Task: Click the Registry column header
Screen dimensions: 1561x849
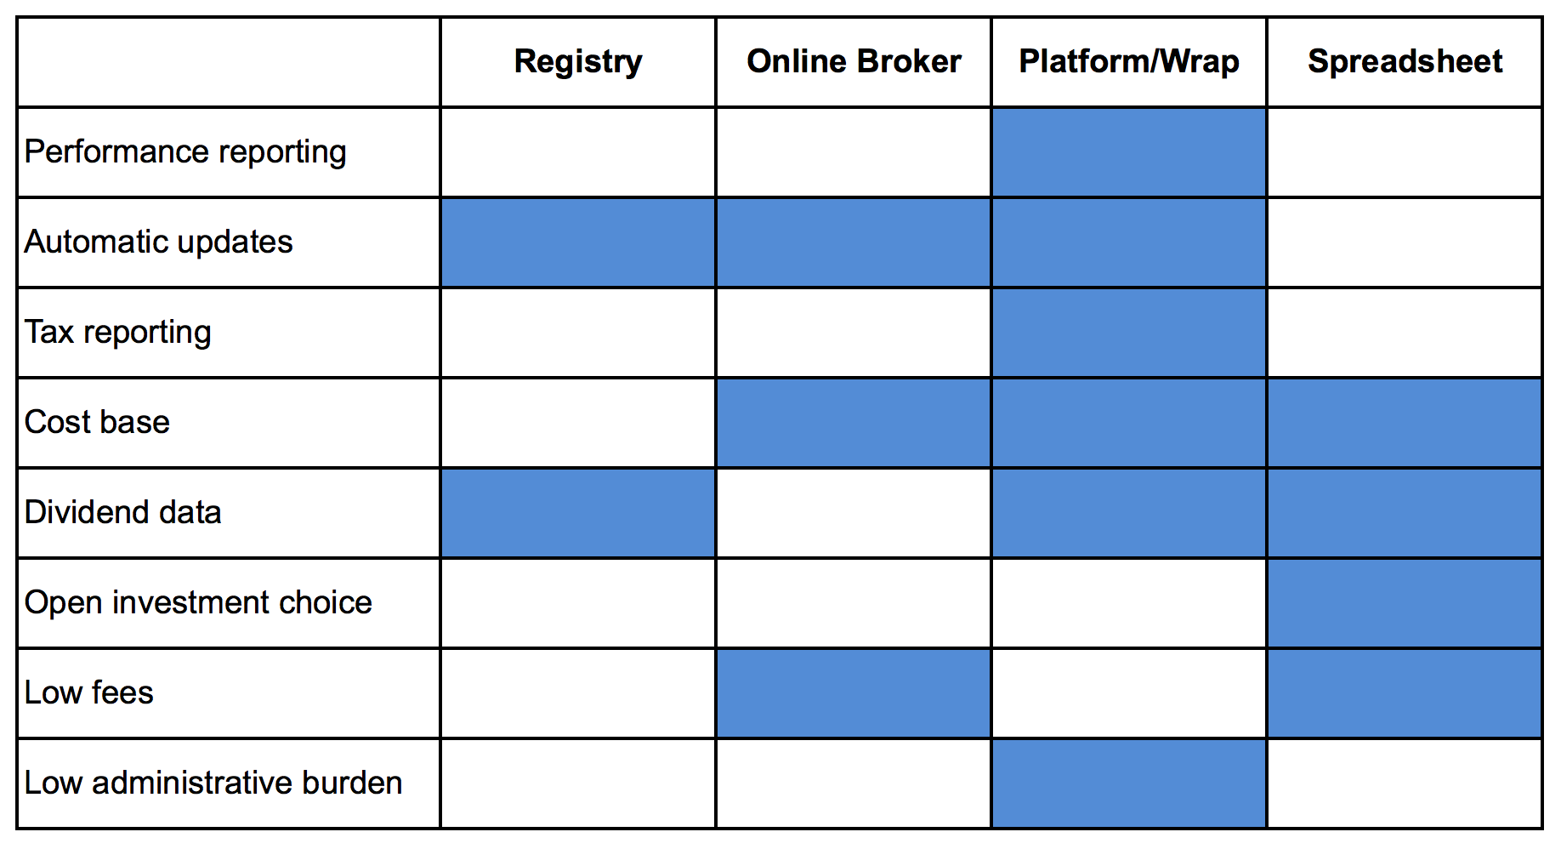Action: (578, 62)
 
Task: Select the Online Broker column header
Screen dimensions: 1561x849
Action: (854, 61)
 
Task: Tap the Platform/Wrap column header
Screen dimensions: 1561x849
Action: (1129, 61)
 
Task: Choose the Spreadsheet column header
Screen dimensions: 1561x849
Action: (1405, 62)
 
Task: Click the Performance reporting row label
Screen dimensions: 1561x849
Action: (185, 152)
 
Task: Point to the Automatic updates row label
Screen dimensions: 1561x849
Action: (158, 242)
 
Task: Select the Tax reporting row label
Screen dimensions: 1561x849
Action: (117, 333)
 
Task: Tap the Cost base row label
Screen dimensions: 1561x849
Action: (97, 422)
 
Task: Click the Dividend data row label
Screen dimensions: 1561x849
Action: (122, 512)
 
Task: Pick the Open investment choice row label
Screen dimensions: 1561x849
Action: (198, 602)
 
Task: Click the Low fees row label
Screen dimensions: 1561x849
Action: (89, 692)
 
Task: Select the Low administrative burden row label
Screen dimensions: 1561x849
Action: (213, 783)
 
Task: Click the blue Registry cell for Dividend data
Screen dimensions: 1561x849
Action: (578, 513)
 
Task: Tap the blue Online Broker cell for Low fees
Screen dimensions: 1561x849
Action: (854, 693)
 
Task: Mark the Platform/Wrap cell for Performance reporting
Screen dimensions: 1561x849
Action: (1129, 152)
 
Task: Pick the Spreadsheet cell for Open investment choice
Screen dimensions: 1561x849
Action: (1405, 603)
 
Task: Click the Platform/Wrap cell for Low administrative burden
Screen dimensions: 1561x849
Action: (1129, 783)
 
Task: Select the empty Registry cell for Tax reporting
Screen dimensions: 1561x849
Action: (578, 333)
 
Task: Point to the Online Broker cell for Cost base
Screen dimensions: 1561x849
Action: (854, 423)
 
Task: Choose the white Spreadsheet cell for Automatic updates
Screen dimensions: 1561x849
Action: (1405, 242)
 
